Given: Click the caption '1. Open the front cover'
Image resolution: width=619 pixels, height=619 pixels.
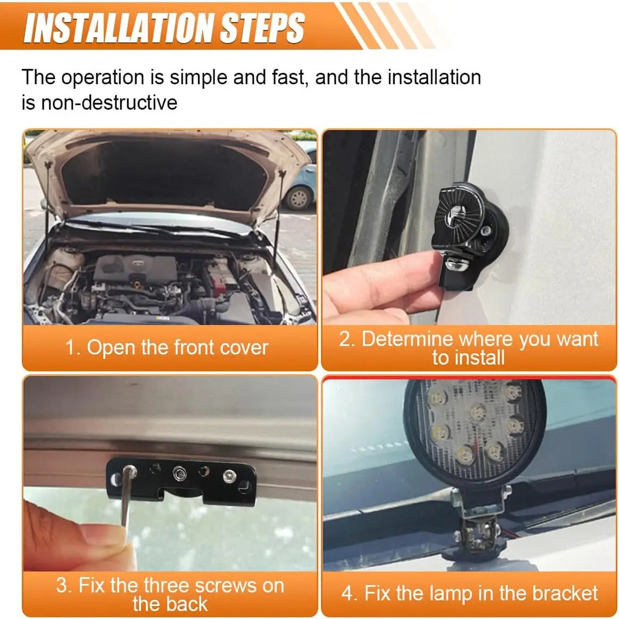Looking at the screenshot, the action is [x=167, y=348].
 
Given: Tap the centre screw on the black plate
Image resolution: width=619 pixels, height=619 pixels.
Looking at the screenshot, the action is [x=179, y=472].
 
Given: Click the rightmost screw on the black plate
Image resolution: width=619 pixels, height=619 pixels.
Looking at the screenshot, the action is [x=230, y=476].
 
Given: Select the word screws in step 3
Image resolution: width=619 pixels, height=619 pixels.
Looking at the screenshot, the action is [x=225, y=586].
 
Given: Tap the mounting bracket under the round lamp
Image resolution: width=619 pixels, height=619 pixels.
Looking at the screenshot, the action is [x=479, y=525].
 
